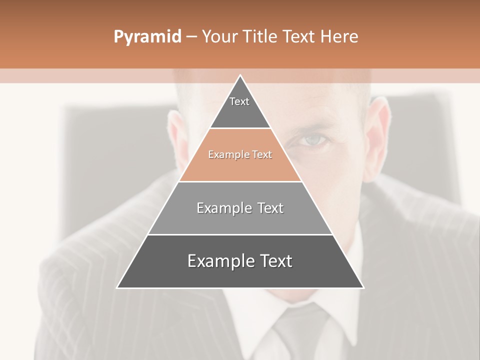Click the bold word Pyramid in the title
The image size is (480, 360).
click(x=147, y=36)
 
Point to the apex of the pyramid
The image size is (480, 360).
click(x=240, y=75)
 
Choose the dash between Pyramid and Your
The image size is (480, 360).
click(x=191, y=36)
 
